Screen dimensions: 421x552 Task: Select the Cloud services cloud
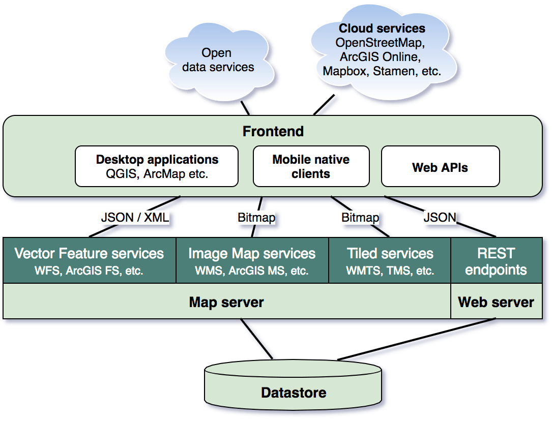[382, 51]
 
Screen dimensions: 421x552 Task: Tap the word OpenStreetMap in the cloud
[382, 42]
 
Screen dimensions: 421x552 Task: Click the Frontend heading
[273, 131]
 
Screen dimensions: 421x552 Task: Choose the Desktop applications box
[157, 166]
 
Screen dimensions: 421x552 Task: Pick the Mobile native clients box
[311, 166]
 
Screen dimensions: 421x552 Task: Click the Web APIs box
[440, 167]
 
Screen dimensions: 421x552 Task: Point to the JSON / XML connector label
[135, 218]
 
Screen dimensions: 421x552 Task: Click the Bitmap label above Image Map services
[256, 218]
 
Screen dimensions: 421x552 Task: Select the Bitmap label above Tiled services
[360, 218]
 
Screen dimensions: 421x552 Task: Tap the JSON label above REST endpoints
[440, 218]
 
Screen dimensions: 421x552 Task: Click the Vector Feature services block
[90, 260]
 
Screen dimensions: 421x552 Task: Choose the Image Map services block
[252, 260]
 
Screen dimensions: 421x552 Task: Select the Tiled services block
[390, 260]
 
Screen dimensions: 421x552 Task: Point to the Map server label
[226, 303]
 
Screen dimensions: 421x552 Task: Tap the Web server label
[496, 303]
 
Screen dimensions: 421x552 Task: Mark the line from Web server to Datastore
[417, 340]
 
